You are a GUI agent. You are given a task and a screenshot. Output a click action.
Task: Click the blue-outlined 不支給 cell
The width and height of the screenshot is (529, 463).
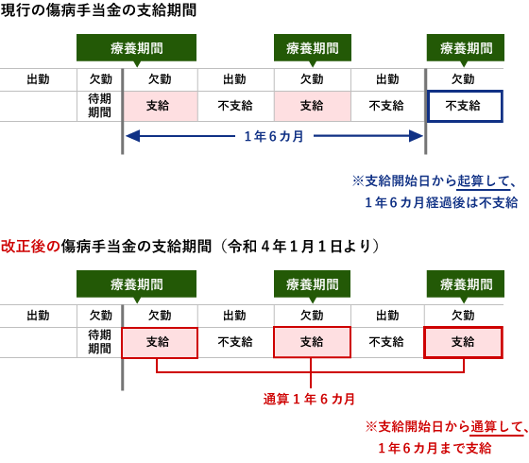(465, 106)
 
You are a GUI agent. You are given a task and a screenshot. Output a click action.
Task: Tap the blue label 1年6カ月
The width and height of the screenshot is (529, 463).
(274, 136)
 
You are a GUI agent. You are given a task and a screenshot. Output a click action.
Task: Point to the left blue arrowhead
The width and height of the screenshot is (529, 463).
(133, 136)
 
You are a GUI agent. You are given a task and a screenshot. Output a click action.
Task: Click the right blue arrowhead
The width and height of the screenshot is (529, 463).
(416, 136)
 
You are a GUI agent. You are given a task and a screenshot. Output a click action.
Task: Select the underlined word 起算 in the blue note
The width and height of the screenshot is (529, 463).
(470, 181)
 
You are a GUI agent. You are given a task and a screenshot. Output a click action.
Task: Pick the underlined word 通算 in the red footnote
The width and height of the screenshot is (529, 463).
(484, 427)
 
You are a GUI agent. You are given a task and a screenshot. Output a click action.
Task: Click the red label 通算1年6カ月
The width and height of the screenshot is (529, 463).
(309, 399)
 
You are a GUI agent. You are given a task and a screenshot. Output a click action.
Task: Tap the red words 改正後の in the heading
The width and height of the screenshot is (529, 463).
(30, 246)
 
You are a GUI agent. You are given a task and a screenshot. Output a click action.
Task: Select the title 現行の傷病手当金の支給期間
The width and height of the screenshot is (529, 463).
(98, 10)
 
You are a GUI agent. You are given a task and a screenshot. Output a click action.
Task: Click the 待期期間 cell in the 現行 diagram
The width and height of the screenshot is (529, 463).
(99, 106)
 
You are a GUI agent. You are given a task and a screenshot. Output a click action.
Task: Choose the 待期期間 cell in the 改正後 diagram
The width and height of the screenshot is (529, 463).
(99, 342)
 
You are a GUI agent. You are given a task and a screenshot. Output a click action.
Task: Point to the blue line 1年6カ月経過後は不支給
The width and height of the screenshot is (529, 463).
(441, 202)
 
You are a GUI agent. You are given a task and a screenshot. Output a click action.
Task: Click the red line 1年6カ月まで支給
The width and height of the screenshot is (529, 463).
(435, 449)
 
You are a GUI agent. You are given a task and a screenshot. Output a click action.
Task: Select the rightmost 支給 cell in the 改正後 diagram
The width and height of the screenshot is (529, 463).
(463, 342)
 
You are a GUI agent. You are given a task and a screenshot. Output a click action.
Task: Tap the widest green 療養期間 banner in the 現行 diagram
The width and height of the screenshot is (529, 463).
(136, 48)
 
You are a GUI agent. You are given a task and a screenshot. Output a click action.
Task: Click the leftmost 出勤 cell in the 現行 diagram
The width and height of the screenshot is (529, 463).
(38, 79)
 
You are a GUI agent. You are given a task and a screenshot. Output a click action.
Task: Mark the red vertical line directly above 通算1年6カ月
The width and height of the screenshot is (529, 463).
(311, 373)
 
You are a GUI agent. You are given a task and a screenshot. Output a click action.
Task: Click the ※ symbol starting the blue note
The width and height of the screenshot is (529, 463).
(358, 181)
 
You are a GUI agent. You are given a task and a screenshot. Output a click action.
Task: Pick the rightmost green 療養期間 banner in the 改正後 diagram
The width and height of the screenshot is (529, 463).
(465, 284)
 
